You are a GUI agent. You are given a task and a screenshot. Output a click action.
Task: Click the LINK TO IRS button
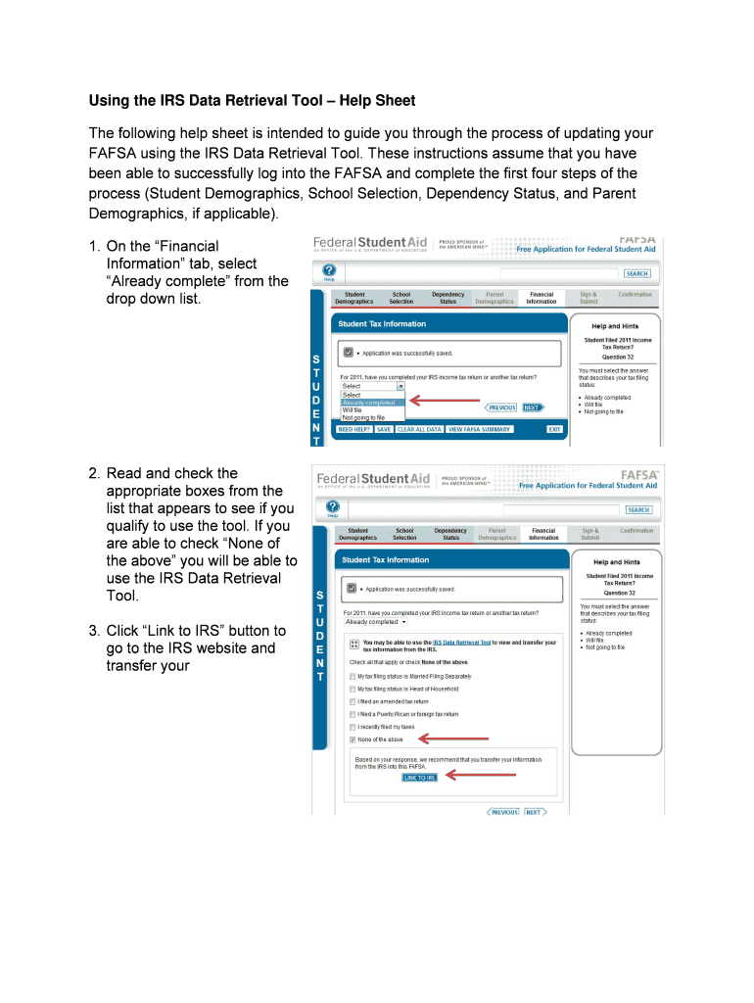420,778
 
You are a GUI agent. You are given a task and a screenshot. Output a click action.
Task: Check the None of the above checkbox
353,740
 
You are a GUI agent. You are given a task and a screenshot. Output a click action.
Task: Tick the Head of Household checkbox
353,689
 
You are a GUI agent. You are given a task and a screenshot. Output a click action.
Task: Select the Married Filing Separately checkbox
353,676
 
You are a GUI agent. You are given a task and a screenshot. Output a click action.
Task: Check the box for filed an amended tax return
353,701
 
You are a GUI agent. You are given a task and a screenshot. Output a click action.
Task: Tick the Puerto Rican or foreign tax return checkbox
353,714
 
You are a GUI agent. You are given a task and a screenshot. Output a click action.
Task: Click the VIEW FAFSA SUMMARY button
480,429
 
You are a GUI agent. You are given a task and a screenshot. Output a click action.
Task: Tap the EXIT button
554,429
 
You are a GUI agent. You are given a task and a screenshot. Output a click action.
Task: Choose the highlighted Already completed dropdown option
369,403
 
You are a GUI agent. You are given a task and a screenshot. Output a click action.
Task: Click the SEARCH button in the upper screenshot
636,274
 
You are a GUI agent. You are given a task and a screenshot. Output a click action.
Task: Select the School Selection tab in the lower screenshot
404,535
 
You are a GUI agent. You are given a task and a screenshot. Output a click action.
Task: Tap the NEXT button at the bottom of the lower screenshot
534,812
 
